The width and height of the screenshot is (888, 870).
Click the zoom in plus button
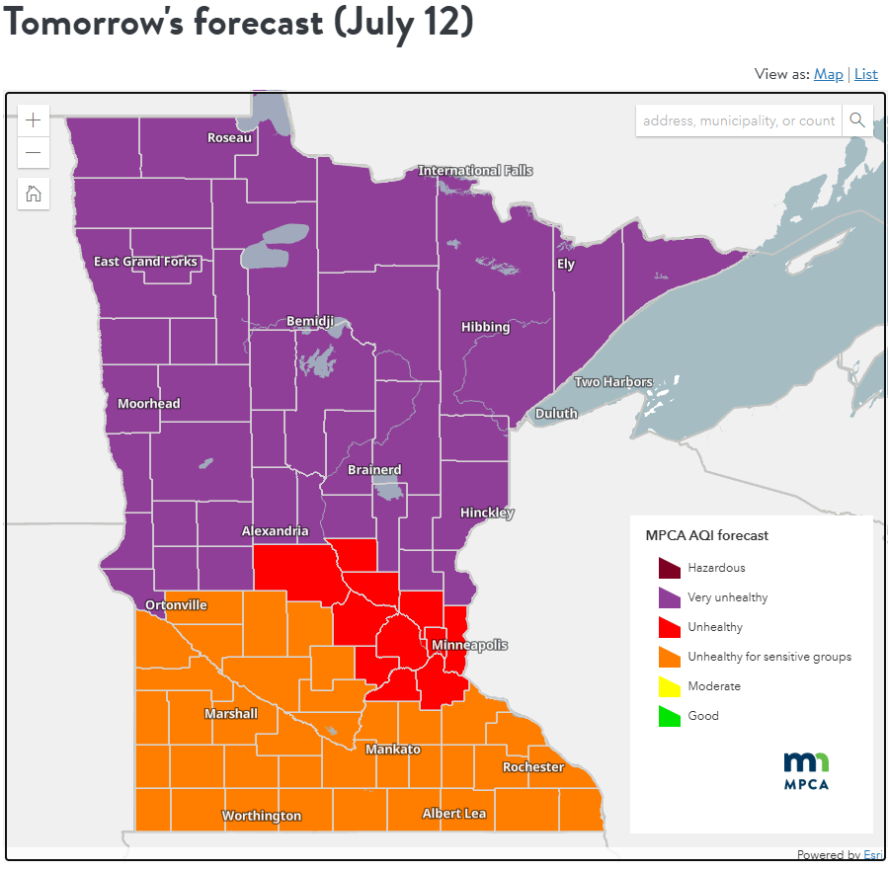click(34, 120)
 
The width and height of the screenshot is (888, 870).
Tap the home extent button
click(34, 194)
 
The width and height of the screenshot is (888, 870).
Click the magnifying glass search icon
click(857, 120)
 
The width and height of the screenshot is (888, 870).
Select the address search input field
click(738, 120)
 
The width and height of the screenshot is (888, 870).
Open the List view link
click(865, 74)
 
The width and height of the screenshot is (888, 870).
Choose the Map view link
click(828, 74)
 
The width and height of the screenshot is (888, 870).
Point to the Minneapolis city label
click(469, 645)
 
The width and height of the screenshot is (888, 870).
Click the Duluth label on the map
click(556, 413)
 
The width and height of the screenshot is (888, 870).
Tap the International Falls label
click(475, 171)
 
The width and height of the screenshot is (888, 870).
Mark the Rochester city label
click(533, 767)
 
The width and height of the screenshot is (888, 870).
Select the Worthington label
click(262, 816)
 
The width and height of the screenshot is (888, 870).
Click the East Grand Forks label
click(145, 262)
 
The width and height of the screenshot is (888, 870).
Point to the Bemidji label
click(310, 322)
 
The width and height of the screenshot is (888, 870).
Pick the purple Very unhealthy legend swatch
click(670, 597)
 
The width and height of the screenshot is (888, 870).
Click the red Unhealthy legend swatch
click(670, 627)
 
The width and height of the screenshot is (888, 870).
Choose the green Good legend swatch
click(670, 716)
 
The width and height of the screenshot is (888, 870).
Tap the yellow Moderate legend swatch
click(670, 686)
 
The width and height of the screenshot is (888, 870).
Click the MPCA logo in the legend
click(806, 770)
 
